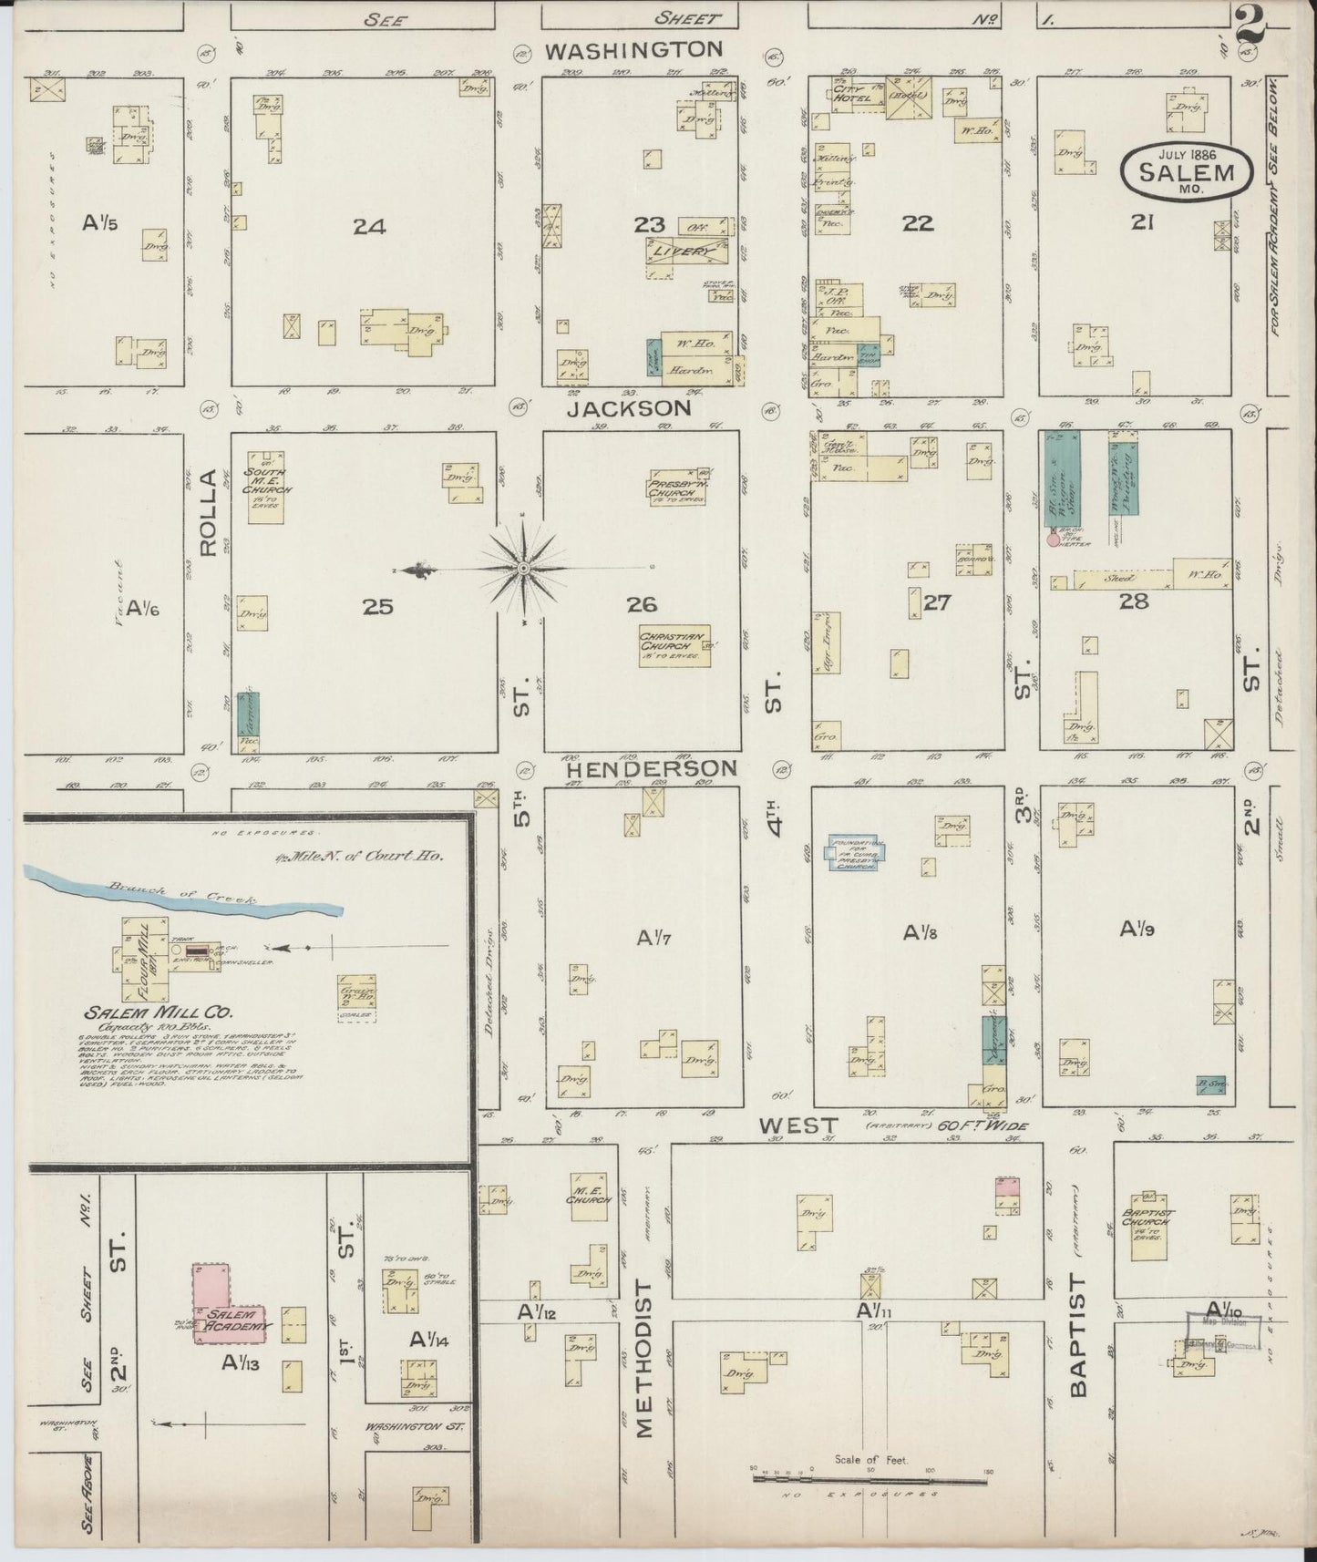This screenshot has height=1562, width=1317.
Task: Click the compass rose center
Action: pyautogui.click(x=523, y=569)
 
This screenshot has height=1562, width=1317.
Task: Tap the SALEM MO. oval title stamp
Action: pyautogui.click(x=1187, y=171)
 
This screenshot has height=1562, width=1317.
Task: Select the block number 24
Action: pyautogui.click(x=369, y=226)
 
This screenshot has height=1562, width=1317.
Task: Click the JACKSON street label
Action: pyautogui.click(x=629, y=409)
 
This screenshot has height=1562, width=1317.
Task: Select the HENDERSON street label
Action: pyautogui.click(x=652, y=769)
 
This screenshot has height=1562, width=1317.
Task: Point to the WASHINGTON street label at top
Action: pyautogui.click(x=633, y=50)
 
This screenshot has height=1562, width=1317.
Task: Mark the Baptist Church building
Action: pyautogui.click(x=1148, y=1227)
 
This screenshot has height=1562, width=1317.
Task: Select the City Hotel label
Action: pyautogui.click(x=855, y=93)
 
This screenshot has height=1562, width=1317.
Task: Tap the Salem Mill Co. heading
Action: pyautogui.click(x=159, y=1012)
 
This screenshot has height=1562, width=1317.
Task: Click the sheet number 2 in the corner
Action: pyautogui.click(x=1250, y=26)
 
